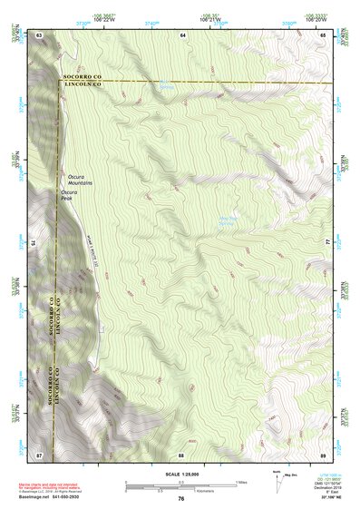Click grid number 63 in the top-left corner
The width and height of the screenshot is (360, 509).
(x=39, y=34)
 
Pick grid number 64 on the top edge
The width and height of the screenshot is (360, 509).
(x=182, y=34)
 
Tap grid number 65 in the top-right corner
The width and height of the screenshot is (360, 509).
(x=323, y=34)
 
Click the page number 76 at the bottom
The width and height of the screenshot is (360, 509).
(x=181, y=499)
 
